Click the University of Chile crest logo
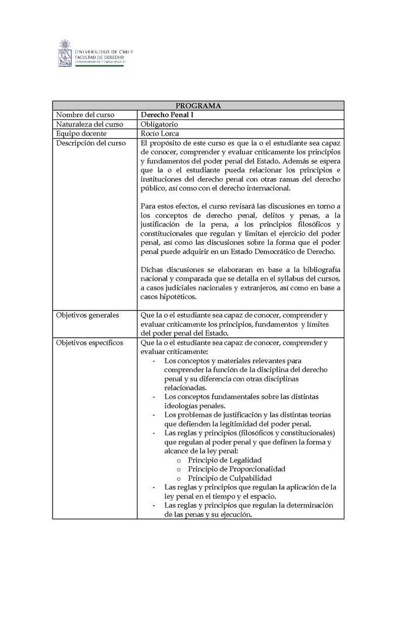coord(66,53)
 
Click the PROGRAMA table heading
coord(198,106)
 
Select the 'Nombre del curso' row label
coord(85,115)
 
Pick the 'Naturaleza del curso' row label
coord(89,124)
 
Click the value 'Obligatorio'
coord(160,124)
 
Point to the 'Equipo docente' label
coord(81,134)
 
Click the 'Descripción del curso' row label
coord(91,143)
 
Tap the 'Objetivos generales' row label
coord(87,315)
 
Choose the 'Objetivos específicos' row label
coord(89,343)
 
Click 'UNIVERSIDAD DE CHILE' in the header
coord(104,52)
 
